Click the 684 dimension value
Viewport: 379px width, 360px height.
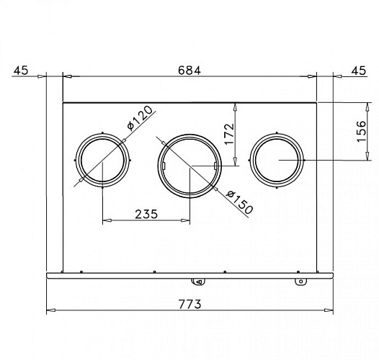(189, 71)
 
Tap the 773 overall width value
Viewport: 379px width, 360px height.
(189, 304)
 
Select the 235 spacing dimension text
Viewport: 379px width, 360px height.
(146, 214)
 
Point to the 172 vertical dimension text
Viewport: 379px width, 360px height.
(230, 134)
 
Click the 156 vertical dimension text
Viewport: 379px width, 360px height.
(361, 131)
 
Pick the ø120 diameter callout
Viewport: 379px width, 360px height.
(140, 118)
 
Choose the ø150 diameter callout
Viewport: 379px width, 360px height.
(239, 202)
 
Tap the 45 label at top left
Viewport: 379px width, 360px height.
(21, 71)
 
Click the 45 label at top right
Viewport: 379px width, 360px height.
(359, 71)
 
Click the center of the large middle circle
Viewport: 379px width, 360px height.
(189, 166)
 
